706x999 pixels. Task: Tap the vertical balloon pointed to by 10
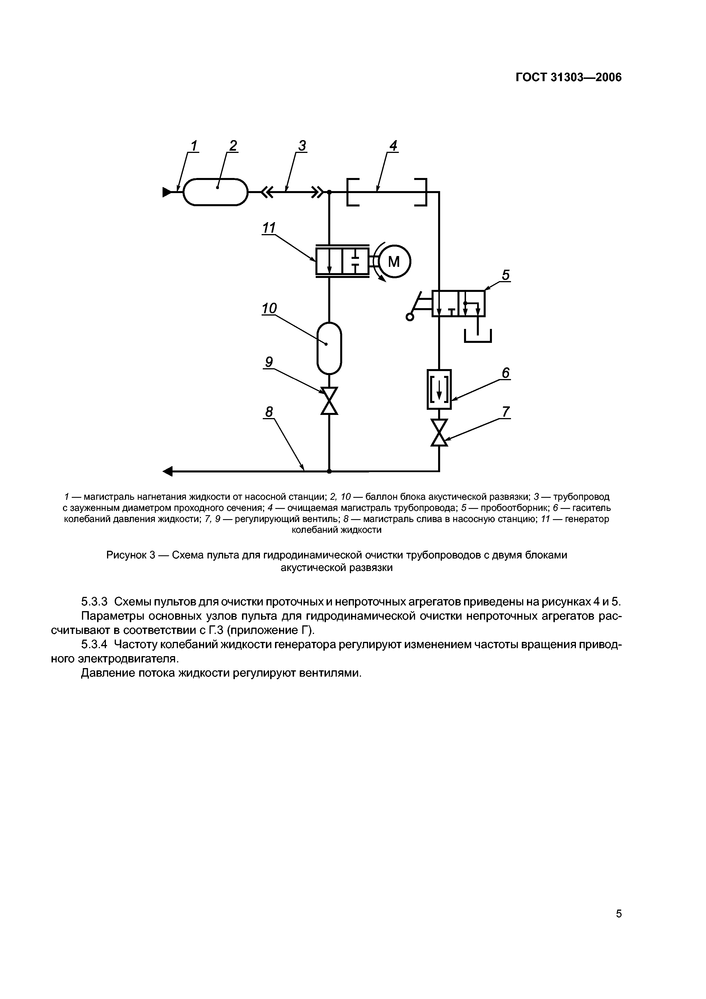tap(329, 348)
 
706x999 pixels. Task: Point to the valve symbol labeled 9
tap(329, 401)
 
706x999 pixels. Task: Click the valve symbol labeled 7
tap(439, 433)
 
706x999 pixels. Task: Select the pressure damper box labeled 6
tap(439, 389)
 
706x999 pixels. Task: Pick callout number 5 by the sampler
tap(506, 275)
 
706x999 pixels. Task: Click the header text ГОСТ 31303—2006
tap(569, 77)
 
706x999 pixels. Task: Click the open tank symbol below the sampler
tap(478, 336)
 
